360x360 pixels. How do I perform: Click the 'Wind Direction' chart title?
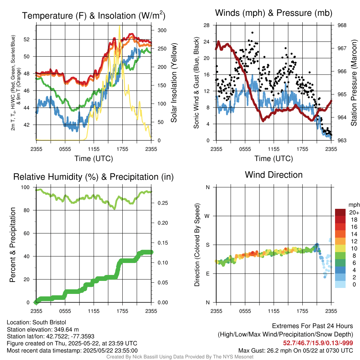[x=274, y=175]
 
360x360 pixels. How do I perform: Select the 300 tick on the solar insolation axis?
[x=162, y=30]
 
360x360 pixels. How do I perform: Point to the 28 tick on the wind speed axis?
[x=207, y=25]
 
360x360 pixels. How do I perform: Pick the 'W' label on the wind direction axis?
[x=207, y=216]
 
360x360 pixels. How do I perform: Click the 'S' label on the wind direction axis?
[x=207, y=245]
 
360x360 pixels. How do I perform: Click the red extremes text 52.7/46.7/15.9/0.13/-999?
[x=318, y=343]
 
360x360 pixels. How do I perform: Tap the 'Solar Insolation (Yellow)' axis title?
[x=174, y=83]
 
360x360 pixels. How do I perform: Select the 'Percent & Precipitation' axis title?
[x=12, y=245]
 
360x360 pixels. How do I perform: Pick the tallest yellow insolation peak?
[x=120, y=26]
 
